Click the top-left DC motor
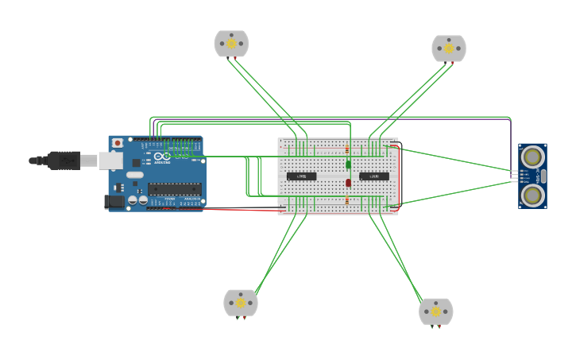(231, 44)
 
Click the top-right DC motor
(449, 48)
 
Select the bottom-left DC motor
(241, 303)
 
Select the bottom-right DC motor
(436, 312)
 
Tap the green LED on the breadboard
(348, 165)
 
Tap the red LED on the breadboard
(348, 184)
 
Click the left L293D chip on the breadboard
(301, 176)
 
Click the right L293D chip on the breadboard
(373, 176)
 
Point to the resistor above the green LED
(347, 149)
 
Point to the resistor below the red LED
(347, 200)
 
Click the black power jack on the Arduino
(114, 202)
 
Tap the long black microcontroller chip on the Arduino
(174, 189)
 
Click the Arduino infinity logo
(162, 157)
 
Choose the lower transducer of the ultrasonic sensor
(532, 195)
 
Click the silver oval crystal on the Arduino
(134, 175)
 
